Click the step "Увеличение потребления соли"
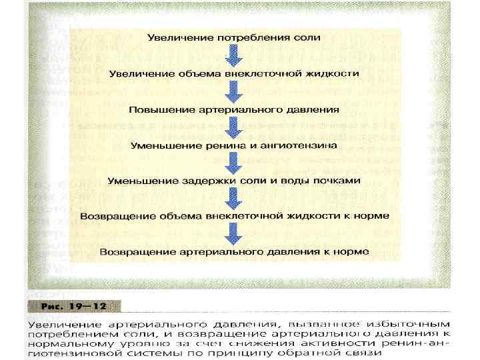coord(233,37)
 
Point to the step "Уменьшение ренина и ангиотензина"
coord(233,145)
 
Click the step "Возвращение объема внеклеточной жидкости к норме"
coord(233,217)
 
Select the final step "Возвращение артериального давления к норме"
coord(233,253)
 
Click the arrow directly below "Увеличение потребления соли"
coord(233,55)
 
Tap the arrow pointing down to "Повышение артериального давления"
coord(233,91)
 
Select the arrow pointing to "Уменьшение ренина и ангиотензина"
coord(233,127)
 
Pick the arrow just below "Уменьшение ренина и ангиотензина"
coord(233,163)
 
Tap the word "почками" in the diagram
coord(337,181)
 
